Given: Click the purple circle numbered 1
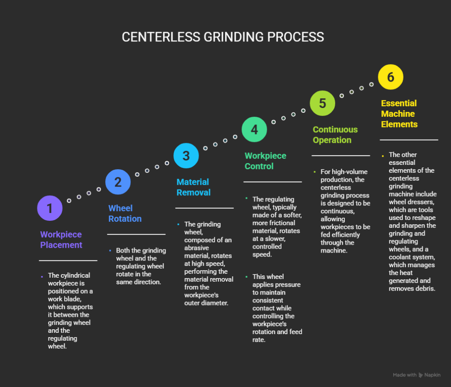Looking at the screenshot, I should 50,208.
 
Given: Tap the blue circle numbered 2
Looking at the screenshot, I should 118,182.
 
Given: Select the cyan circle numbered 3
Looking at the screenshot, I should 186,156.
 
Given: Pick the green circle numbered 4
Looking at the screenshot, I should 254,129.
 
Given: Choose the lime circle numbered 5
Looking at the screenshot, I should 322,103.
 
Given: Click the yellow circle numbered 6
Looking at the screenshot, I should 391,77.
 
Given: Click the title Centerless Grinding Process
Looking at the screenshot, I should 223,37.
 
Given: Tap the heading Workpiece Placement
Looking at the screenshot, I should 61,240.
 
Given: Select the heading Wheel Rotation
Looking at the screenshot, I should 125,213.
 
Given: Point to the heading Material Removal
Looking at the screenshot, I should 194,187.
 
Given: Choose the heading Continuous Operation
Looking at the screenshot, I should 335,135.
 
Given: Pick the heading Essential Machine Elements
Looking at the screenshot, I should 399,114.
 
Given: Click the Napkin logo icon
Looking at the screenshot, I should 421,375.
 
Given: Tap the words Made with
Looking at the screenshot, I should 404,375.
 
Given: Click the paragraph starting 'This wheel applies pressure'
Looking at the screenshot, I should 277,308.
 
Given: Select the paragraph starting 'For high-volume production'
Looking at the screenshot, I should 345,211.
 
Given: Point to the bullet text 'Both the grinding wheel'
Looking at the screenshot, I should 141,266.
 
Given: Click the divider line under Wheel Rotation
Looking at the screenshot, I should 136,234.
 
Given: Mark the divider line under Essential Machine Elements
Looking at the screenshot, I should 409,140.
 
